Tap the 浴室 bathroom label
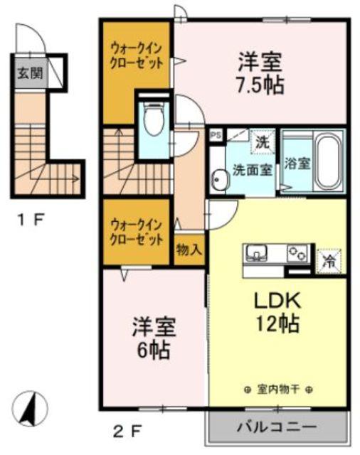pyautogui.click(x=297, y=162)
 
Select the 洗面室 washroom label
pyautogui.click(x=251, y=170)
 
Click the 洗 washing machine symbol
pyautogui.click(x=263, y=141)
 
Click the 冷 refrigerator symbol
pyautogui.click(x=329, y=260)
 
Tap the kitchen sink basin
pyautogui.click(x=257, y=252)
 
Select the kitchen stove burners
pyautogui.click(x=296, y=252)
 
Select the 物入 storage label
pyautogui.click(x=189, y=250)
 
